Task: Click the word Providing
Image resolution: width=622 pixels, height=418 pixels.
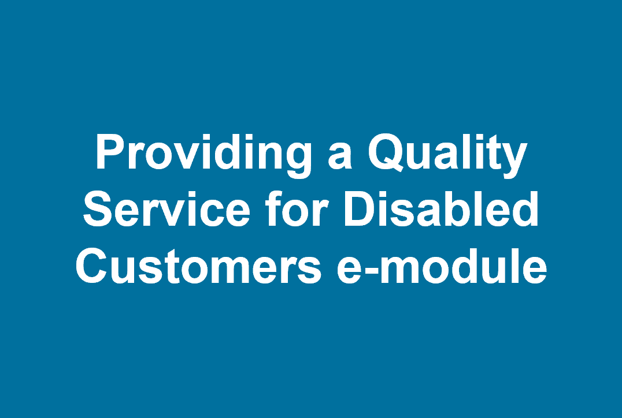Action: point(203,155)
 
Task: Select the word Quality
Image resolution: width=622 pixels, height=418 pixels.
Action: point(447,155)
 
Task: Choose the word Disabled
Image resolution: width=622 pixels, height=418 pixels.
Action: point(441,208)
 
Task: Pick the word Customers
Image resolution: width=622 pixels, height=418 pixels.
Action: point(199,266)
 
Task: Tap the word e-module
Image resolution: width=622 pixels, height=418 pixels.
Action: point(442,266)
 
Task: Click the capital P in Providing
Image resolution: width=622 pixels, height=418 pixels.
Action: point(110,152)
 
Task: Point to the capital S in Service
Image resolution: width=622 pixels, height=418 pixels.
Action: point(97,209)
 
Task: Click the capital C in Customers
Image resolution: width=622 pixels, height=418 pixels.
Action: point(91,266)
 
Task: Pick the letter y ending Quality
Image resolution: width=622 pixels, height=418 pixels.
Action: point(514,162)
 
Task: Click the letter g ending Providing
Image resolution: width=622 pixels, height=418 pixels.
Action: point(298,162)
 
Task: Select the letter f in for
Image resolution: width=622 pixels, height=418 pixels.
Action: point(273,208)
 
